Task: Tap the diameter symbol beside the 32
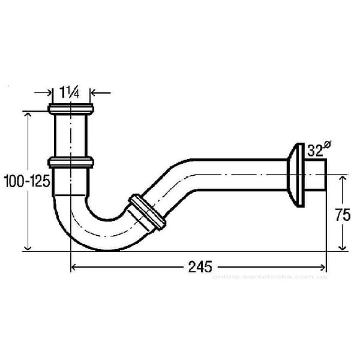pos(327,145)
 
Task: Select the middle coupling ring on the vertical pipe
pos(71,162)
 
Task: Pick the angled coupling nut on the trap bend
pos(146,212)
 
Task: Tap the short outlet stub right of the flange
pos(317,175)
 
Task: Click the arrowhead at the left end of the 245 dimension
pos(74,267)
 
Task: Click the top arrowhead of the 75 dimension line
pos(343,179)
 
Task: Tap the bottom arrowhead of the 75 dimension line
pos(343,247)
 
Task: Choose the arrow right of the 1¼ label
pos(94,93)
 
